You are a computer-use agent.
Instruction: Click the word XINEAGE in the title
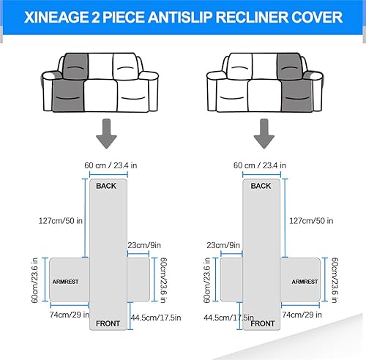point(56,18)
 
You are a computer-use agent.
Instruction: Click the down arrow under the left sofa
point(106,133)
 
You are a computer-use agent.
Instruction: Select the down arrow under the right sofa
point(264,133)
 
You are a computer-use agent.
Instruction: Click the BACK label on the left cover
point(106,186)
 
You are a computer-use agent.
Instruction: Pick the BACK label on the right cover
point(261,186)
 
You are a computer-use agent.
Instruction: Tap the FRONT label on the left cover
point(108,323)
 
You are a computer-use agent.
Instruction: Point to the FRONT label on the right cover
point(263,323)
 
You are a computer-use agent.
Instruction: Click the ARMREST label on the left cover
point(65,282)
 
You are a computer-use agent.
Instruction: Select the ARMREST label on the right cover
point(305,282)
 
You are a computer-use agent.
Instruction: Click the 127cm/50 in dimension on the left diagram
point(61,221)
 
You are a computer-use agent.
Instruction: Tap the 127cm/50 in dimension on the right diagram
point(311,221)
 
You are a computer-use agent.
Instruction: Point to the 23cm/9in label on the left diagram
point(144,245)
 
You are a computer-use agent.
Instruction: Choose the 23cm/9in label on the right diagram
point(223,245)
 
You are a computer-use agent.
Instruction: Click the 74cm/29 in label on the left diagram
point(70,315)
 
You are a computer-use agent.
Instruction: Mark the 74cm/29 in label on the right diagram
point(302,315)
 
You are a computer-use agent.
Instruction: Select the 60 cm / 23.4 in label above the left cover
point(111,165)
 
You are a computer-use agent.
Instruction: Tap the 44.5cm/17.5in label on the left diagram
point(156,318)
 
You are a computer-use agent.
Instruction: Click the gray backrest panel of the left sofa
point(75,67)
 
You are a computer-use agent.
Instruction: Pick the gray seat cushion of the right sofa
point(296,96)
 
